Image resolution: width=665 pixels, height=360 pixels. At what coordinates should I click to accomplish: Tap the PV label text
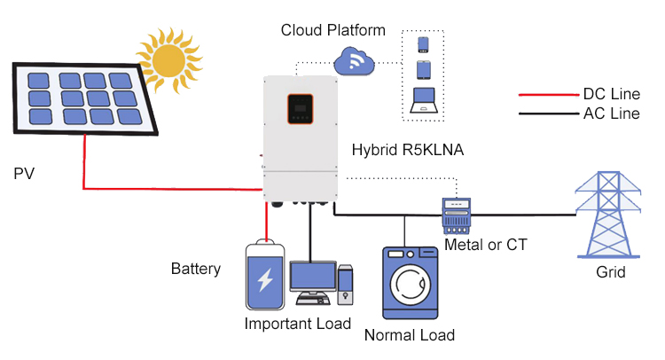24,171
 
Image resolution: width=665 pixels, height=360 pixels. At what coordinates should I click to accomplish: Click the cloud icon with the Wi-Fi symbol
355,63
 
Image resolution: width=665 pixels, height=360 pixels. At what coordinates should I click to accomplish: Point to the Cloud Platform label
332,30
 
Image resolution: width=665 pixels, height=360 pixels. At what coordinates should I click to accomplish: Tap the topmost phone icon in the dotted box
424,44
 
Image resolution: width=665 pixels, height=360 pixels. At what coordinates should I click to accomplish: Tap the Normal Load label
410,335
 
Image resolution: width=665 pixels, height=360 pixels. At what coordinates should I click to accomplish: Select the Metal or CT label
485,244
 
